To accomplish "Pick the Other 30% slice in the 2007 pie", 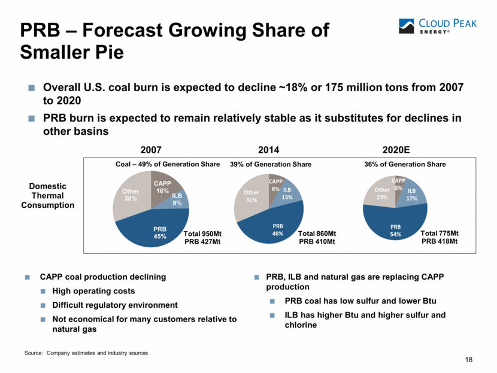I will [129, 195].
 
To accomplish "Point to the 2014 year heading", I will [269, 149].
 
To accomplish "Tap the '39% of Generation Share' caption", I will [271, 164].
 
